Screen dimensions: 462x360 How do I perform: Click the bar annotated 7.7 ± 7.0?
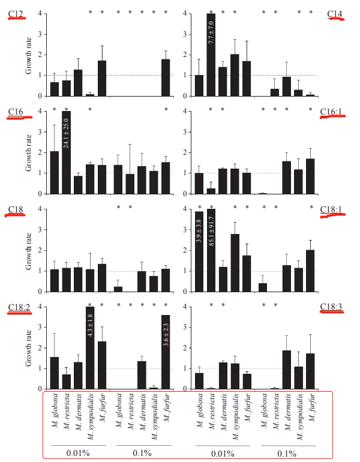tap(211, 55)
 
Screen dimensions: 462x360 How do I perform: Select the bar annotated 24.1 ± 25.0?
tap(66, 152)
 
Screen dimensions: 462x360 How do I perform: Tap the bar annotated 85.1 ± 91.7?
tap(211, 251)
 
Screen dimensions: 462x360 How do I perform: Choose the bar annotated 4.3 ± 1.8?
tap(90, 348)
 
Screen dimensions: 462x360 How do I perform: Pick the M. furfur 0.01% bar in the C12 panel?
tap(102, 78)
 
